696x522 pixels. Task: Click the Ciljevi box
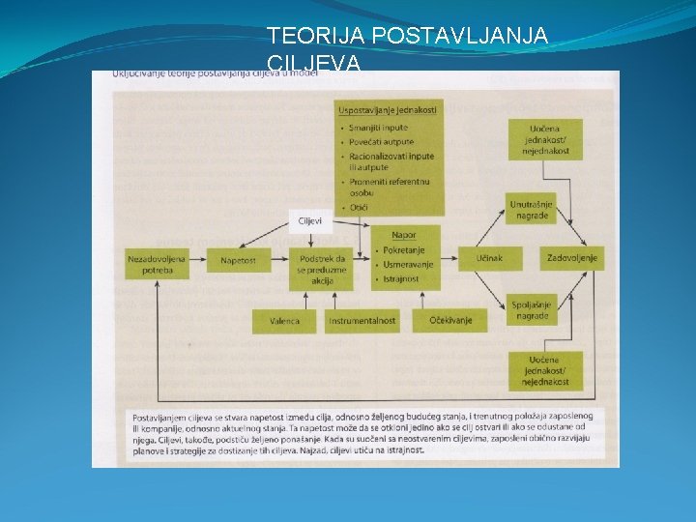point(310,221)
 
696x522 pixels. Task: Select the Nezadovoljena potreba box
point(155,264)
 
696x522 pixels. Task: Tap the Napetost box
point(237,259)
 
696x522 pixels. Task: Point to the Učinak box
point(489,258)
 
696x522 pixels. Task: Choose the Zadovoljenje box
point(571,258)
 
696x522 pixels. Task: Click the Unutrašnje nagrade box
point(531,209)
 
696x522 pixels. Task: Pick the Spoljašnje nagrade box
point(531,309)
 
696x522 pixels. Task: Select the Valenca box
point(284,321)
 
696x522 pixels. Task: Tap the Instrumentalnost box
point(362,321)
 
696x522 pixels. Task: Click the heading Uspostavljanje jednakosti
point(388,110)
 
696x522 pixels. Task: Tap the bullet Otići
point(359,206)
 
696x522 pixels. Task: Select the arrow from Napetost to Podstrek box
point(277,259)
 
